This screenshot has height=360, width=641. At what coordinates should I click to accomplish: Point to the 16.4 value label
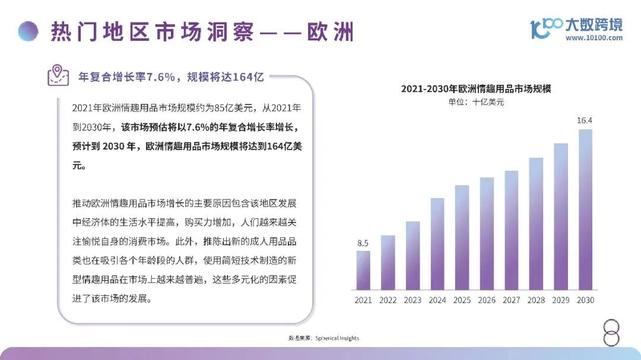[585, 120]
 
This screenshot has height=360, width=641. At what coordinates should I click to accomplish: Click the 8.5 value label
[363, 243]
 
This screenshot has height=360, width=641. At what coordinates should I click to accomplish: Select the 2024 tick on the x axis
[437, 300]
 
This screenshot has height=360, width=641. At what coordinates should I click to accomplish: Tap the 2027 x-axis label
[512, 300]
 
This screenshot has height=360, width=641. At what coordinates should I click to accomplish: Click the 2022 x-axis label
[388, 300]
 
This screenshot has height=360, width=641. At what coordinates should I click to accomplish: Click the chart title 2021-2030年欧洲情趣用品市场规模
[477, 89]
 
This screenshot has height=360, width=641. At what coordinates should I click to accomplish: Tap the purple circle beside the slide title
[28, 31]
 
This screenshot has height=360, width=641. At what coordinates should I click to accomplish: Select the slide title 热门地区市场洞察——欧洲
[202, 31]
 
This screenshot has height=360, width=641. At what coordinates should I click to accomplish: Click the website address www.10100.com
[594, 38]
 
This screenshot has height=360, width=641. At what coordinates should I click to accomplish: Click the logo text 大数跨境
[594, 25]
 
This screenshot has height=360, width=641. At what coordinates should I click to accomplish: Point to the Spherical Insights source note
[324, 338]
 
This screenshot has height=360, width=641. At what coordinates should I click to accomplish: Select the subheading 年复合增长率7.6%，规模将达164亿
[171, 77]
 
